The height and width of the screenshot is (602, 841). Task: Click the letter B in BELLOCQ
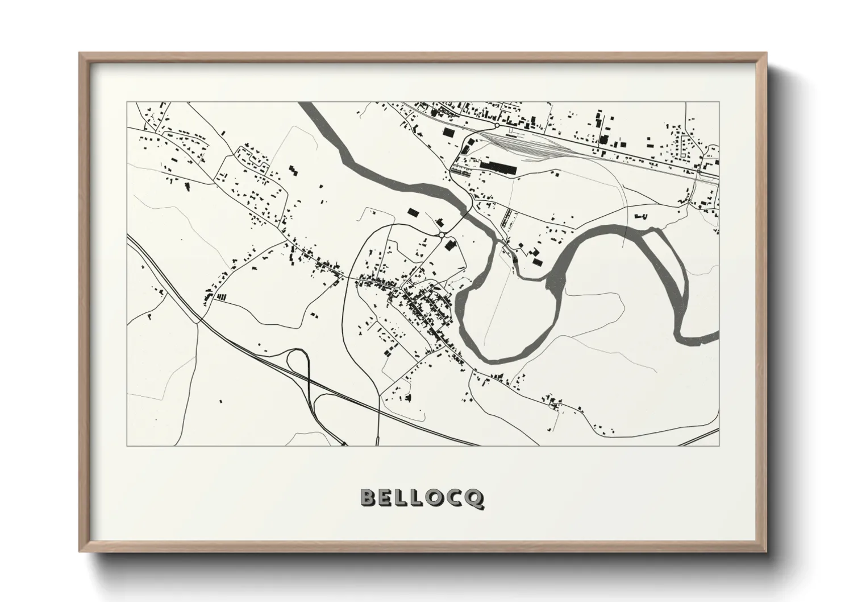pos(369,498)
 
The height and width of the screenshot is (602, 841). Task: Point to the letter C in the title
pos(456,498)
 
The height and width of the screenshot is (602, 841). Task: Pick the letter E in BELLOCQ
pos(387,498)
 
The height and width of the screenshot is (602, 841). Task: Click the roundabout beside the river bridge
pos(442,234)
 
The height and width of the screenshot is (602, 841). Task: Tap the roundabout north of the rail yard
pos(497,125)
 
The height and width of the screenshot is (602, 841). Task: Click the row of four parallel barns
pos(222,296)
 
